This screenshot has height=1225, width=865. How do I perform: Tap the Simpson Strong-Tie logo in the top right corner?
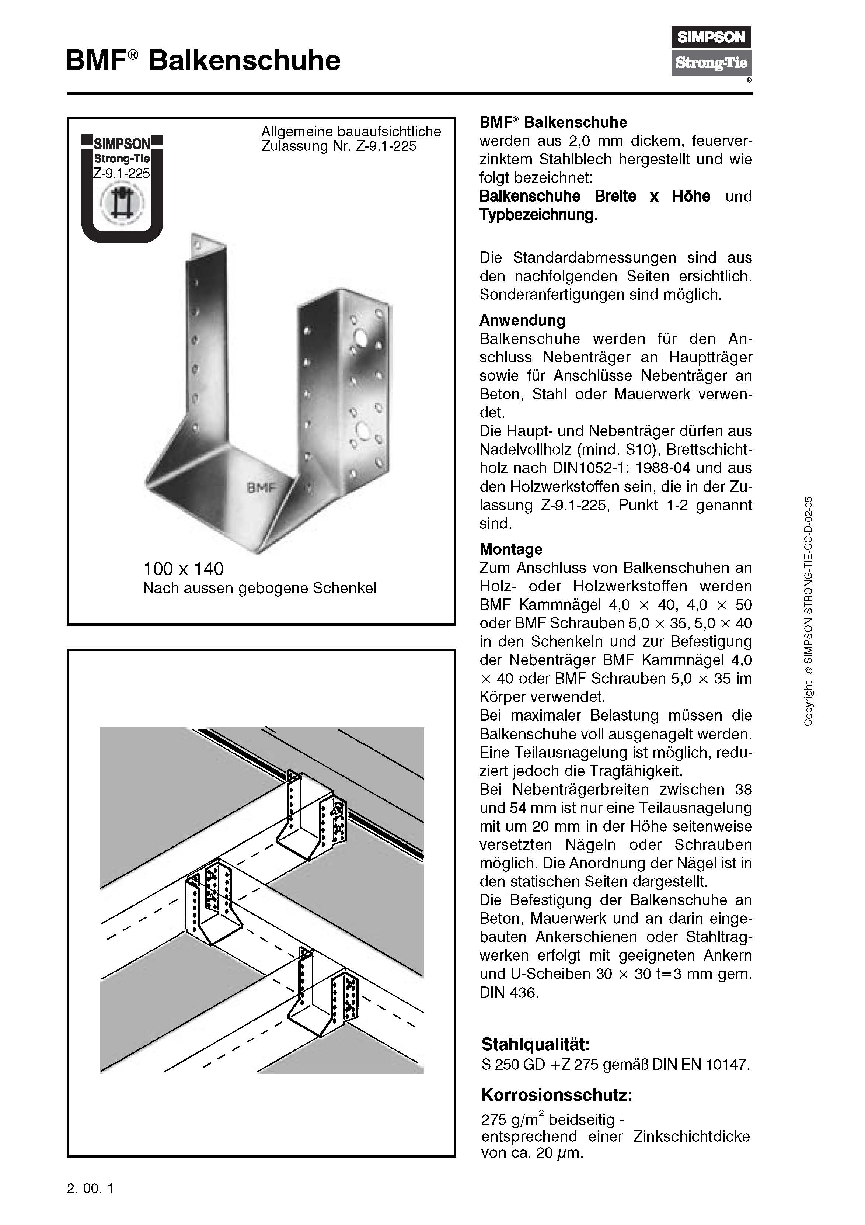[711, 51]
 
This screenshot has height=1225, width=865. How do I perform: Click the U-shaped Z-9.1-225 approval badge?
[122, 188]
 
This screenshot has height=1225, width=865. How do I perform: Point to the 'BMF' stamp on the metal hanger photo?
[261, 487]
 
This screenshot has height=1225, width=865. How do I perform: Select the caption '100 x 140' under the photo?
[183, 569]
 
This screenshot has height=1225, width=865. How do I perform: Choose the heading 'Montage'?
[510, 549]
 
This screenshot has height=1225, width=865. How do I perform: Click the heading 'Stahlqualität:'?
[536, 1044]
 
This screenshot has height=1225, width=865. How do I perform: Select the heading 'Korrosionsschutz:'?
[556, 1095]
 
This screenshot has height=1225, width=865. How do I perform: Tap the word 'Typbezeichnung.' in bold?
[538, 215]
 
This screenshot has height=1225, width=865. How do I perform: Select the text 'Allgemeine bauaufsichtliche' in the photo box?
[351, 131]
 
